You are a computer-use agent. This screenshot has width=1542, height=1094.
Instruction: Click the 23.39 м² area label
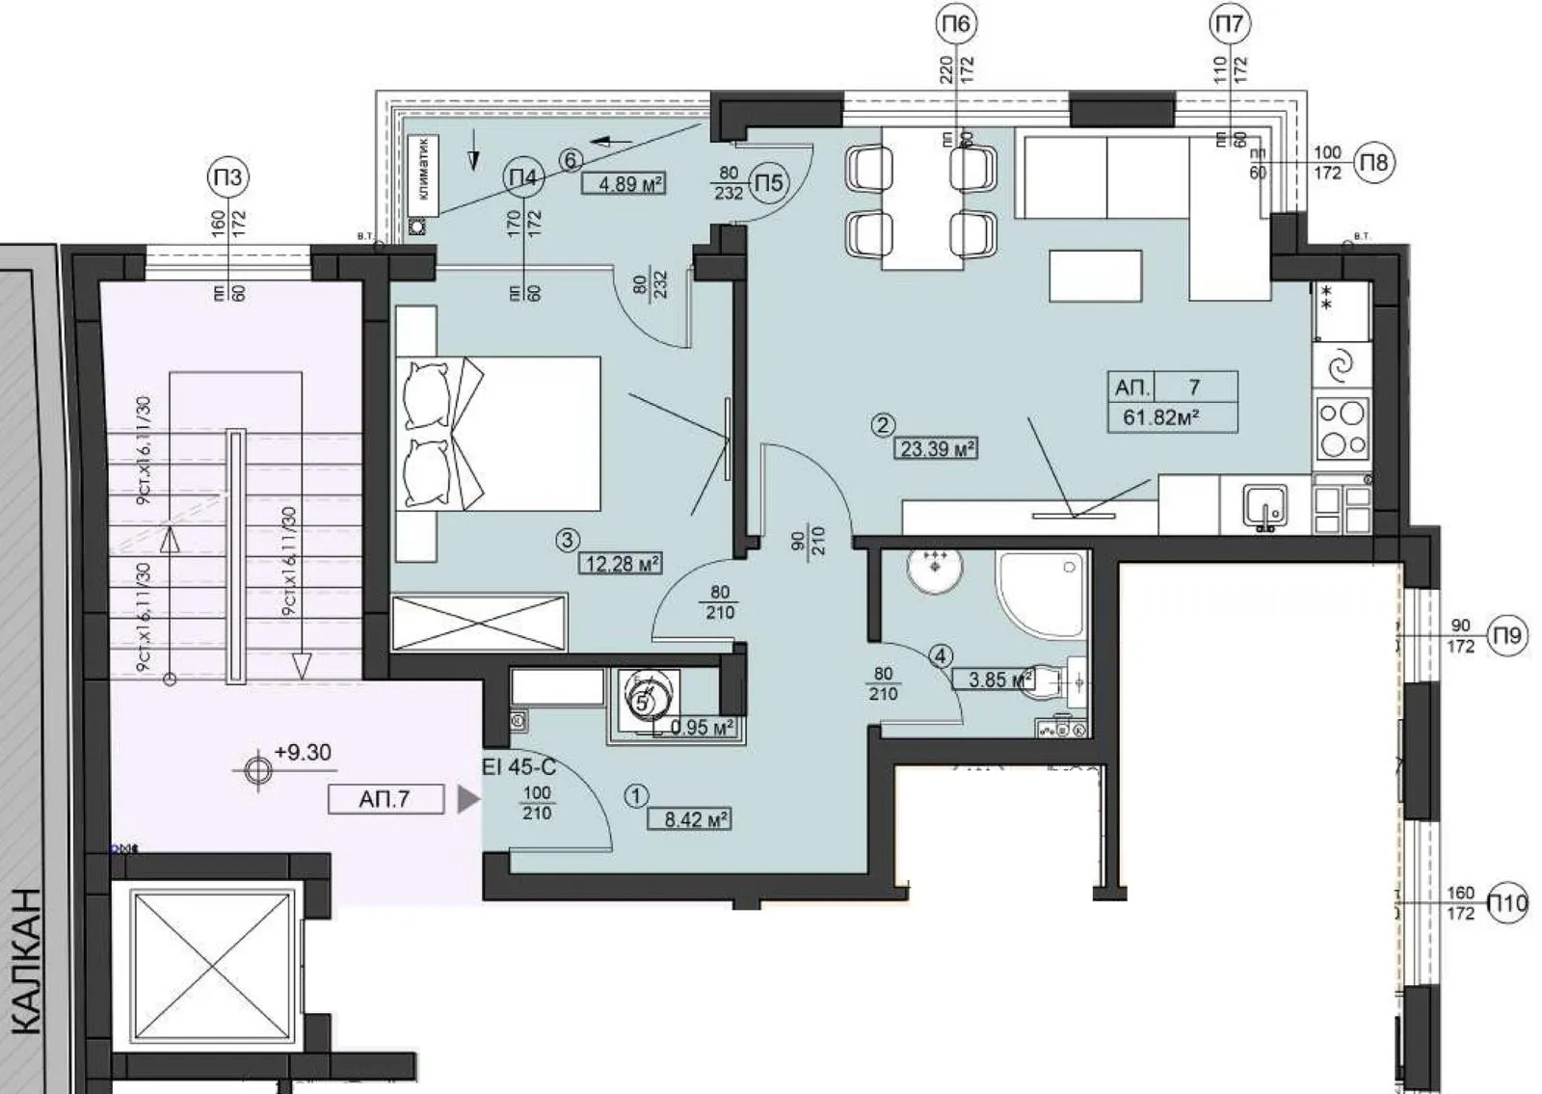point(937,447)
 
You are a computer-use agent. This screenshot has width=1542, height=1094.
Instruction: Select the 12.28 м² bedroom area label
point(621,563)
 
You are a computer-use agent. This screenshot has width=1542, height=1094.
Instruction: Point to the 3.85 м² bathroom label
point(993,679)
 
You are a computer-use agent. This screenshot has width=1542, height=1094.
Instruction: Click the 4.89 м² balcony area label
point(626,183)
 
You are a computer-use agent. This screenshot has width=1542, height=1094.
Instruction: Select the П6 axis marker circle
point(955,24)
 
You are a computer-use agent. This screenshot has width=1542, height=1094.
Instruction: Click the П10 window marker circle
point(1507,903)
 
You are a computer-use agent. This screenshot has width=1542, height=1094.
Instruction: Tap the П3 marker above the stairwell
point(228,177)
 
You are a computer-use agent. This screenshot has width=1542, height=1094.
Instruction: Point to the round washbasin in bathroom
point(933,574)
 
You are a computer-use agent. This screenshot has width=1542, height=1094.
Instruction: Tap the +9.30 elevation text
point(303,753)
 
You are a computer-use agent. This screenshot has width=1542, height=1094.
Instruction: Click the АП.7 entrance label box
point(385,799)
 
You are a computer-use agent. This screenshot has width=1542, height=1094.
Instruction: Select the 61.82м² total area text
point(1160,418)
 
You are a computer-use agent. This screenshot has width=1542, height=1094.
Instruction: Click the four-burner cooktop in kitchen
point(1342,429)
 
